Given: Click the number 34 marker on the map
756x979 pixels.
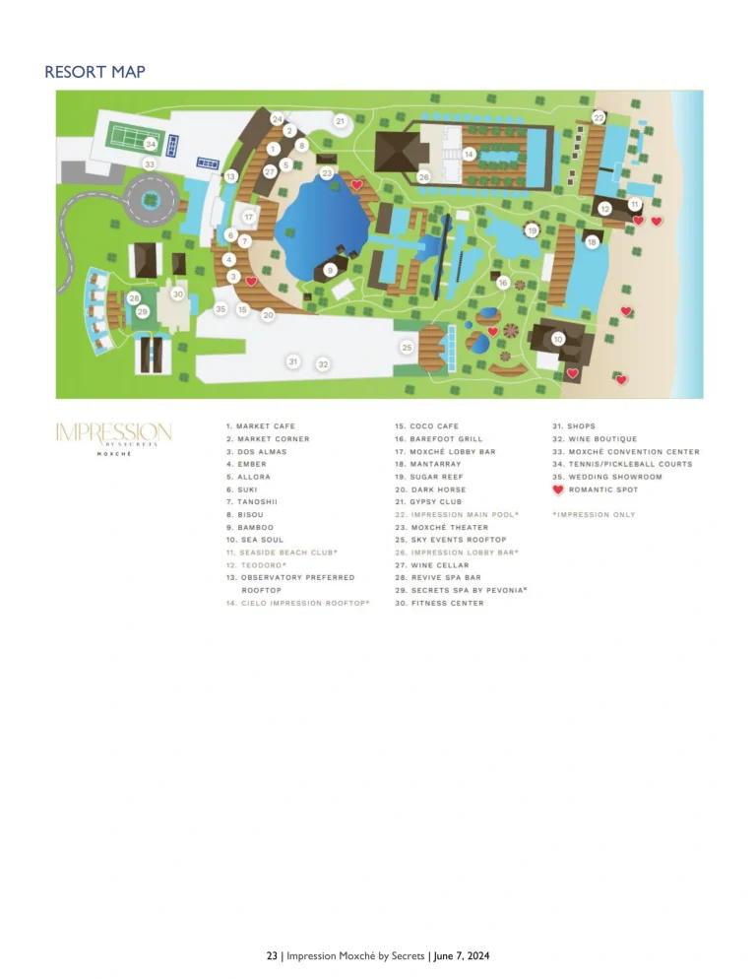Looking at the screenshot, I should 151,143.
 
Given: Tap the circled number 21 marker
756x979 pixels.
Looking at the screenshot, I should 340,121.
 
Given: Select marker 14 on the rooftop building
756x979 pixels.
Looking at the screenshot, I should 470,154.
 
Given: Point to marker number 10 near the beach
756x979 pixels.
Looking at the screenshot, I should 558,339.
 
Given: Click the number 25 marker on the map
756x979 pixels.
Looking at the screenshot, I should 407,348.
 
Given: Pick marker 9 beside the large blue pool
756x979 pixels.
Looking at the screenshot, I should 331,269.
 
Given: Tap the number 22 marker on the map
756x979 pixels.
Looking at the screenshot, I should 598,117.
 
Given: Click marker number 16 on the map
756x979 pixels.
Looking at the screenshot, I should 503,283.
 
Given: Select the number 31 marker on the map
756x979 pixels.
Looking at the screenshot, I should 292,362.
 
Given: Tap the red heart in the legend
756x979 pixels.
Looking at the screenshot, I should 558,489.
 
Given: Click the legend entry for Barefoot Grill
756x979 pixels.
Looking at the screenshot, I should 446,439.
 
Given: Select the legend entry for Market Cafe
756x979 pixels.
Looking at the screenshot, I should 260,426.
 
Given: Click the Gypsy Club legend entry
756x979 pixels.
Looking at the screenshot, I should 435,502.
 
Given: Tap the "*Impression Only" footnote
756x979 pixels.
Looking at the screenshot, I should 594,515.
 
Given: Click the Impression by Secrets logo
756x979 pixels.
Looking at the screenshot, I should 113,436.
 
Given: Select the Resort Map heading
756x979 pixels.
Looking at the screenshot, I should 94,72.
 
